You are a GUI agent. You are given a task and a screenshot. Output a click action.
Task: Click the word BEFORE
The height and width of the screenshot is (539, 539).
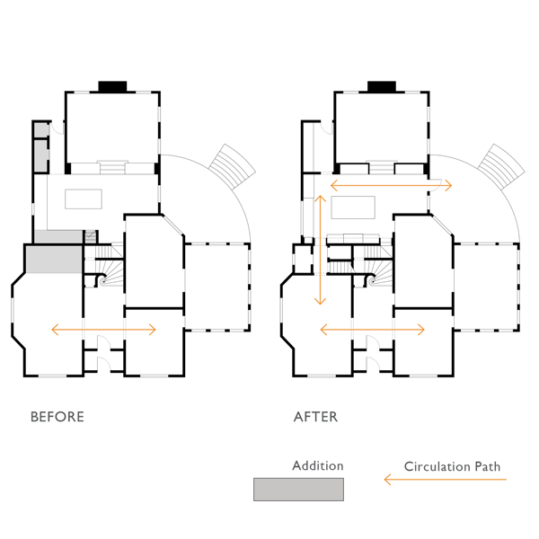coord(57,417)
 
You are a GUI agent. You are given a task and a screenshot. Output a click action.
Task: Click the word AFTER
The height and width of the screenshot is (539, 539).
coord(315,417)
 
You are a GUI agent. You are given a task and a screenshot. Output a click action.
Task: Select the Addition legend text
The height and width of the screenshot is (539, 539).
coord(318,465)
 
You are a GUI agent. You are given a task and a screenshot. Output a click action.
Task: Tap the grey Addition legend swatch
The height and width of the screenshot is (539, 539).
coord(298,490)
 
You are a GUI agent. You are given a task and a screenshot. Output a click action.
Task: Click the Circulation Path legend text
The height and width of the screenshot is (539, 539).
coord(452,466)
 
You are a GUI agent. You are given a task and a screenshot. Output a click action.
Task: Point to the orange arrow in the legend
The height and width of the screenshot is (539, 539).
coord(446,479)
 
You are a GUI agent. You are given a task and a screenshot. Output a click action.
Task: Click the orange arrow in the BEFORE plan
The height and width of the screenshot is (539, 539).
coord(103,330)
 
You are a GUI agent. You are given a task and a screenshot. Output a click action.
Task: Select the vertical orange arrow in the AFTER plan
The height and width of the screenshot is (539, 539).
coord(320,250)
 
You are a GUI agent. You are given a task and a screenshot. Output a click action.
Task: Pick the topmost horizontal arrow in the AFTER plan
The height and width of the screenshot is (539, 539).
coord(391,186)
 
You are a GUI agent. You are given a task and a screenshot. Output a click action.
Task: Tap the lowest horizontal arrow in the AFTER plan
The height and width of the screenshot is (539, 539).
coord(372,330)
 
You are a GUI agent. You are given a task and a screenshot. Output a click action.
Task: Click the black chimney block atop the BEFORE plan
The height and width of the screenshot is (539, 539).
coord(113,86)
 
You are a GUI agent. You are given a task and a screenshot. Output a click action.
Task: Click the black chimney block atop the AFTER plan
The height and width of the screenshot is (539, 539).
coord(382,86)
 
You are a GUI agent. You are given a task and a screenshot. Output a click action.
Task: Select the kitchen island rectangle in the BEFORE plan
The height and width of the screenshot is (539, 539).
coord(84,199)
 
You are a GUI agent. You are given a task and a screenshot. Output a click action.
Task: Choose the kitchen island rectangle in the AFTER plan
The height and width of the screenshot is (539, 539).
coord(353,208)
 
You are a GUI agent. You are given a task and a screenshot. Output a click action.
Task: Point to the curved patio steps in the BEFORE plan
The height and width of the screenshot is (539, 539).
coord(233,167)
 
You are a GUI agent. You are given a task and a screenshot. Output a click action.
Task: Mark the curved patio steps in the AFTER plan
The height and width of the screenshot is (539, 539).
coord(501,167)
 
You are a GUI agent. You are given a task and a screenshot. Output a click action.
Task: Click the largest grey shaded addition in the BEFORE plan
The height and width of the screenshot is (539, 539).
coord(54,260)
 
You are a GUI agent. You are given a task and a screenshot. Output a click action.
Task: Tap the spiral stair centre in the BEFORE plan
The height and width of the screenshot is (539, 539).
coord(103,281)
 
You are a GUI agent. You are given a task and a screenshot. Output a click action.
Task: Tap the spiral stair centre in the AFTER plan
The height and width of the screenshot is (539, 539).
coord(372,281)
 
